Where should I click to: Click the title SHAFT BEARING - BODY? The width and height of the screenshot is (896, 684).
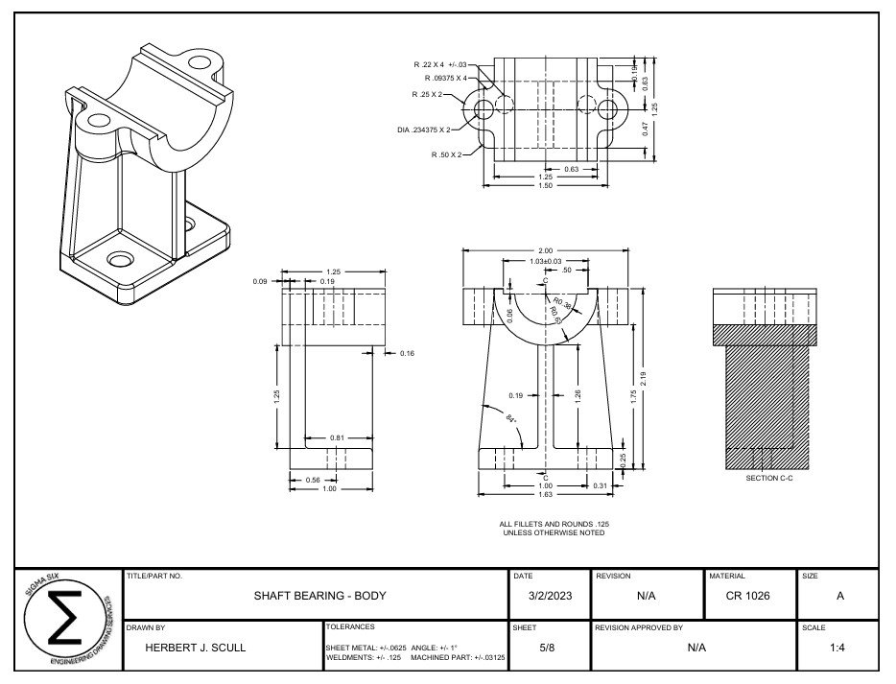point(319,596)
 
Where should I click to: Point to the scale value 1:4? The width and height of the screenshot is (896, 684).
point(839,648)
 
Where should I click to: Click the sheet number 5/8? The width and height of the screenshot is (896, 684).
point(547,648)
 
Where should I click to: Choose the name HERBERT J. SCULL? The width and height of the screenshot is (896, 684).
point(195,648)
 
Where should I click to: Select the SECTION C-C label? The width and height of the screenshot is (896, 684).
point(769,478)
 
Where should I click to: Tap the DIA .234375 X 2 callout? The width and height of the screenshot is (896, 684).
point(424,130)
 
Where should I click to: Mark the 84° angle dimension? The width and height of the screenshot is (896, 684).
point(510,418)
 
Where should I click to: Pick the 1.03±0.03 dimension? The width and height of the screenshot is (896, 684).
point(545,261)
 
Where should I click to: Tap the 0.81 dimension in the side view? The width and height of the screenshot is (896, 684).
point(338,438)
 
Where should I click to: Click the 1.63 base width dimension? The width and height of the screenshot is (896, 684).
point(545,495)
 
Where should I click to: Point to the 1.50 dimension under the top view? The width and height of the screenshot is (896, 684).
point(545,185)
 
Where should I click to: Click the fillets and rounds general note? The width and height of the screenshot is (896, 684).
point(554,529)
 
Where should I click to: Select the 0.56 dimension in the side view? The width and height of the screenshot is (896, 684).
point(312,480)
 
